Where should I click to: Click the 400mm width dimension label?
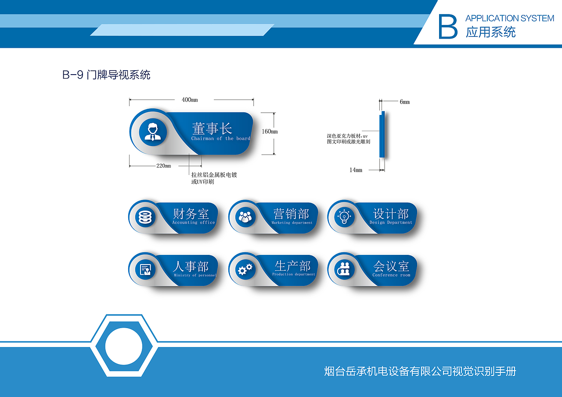190,100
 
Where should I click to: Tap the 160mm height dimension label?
270,132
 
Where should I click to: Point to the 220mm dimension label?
163,166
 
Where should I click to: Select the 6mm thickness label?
404,102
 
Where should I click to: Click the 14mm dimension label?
356,170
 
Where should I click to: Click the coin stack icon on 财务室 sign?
145,217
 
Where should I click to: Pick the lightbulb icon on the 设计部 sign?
344,217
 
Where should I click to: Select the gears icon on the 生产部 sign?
245,269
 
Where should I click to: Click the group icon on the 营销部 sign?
245,217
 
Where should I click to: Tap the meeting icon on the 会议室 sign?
345,269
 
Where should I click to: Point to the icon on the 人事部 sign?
145,269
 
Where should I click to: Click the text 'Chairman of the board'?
220,139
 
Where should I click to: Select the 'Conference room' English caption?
391,275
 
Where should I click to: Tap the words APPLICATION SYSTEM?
509,18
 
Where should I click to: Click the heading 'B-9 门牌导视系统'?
106,75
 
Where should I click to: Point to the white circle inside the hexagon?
123,346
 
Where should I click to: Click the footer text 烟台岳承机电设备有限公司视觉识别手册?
420,372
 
